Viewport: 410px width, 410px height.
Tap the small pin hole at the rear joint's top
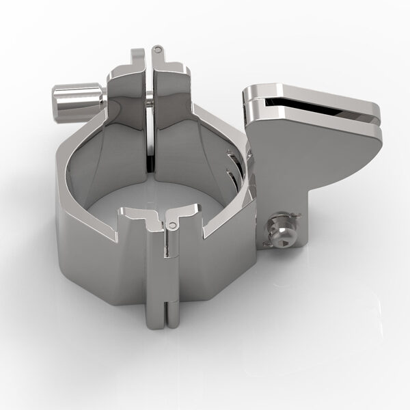[x=158, y=49]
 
